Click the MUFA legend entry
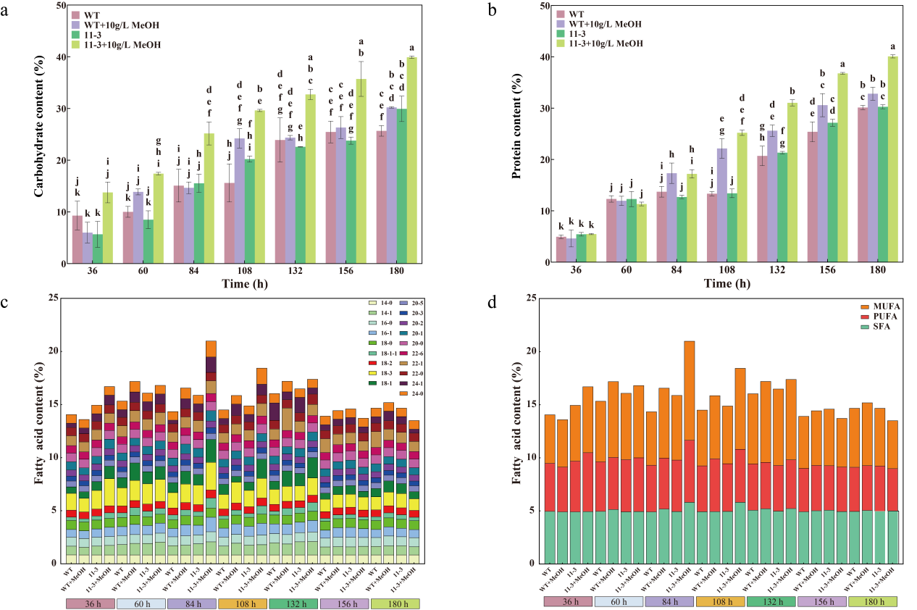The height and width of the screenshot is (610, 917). [882, 306]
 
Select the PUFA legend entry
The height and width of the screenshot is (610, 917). [882, 317]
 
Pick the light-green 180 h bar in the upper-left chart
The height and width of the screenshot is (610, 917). [411, 159]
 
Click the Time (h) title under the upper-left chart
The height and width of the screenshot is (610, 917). [244, 284]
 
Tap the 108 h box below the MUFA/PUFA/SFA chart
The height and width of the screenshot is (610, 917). [720, 602]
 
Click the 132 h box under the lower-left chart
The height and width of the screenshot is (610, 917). [293, 603]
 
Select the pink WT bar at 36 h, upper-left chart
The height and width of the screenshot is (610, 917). [77, 239]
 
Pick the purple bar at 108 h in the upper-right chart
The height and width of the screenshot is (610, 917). [721, 205]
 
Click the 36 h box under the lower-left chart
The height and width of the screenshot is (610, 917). [90, 603]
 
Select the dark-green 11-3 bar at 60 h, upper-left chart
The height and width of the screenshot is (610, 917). [148, 241]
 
